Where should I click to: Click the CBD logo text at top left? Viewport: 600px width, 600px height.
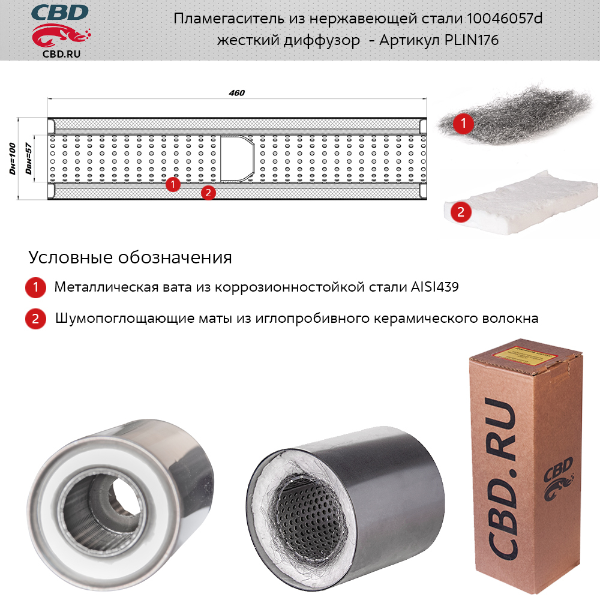click(x=59, y=12)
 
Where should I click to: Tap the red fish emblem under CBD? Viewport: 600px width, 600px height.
click(x=61, y=35)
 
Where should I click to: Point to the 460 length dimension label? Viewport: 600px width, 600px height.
click(x=237, y=92)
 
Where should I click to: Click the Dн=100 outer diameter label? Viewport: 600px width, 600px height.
click(x=13, y=158)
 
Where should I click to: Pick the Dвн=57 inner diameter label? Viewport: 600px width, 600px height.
click(x=28, y=158)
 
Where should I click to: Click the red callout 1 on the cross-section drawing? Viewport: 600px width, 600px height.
click(x=173, y=184)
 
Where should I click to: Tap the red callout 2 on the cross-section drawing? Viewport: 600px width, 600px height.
click(x=208, y=193)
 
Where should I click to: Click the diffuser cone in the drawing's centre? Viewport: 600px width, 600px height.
click(x=237, y=158)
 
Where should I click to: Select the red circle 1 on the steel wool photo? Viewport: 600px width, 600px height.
click(x=463, y=123)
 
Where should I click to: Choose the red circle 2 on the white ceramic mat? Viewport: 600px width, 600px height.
click(x=461, y=212)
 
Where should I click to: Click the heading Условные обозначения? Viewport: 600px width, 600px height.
click(x=130, y=257)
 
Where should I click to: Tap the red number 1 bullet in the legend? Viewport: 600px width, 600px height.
click(x=35, y=287)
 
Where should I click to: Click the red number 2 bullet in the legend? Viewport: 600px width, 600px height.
click(x=35, y=319)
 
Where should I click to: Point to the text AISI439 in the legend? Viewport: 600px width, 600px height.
click(x=434, y=287)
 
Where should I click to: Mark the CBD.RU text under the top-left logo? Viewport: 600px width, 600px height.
click(x=62, y=54)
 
